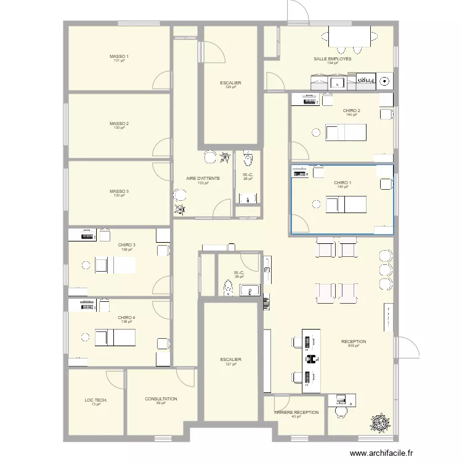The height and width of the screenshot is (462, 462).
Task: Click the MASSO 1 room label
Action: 119,56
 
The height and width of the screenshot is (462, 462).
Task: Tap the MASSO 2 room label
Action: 119,124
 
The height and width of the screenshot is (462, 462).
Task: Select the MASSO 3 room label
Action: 119,192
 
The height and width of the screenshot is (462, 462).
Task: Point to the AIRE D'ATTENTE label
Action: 203,179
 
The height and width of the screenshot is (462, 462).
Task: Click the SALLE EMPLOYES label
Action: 333,59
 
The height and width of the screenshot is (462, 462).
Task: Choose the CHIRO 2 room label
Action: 352,111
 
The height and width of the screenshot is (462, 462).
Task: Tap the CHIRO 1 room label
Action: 343,183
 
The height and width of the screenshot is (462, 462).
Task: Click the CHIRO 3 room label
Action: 127,245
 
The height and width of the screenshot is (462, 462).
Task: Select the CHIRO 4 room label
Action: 127,318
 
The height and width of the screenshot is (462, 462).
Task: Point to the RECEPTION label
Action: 354,341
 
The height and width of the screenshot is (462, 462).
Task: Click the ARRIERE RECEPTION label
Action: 296,413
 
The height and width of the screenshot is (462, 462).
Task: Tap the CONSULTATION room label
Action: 161,399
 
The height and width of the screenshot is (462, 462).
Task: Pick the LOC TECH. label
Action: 96,400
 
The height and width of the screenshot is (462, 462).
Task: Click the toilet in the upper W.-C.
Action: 248,160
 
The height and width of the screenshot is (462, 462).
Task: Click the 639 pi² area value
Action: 353,346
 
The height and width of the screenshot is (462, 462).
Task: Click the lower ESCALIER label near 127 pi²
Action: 230,360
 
